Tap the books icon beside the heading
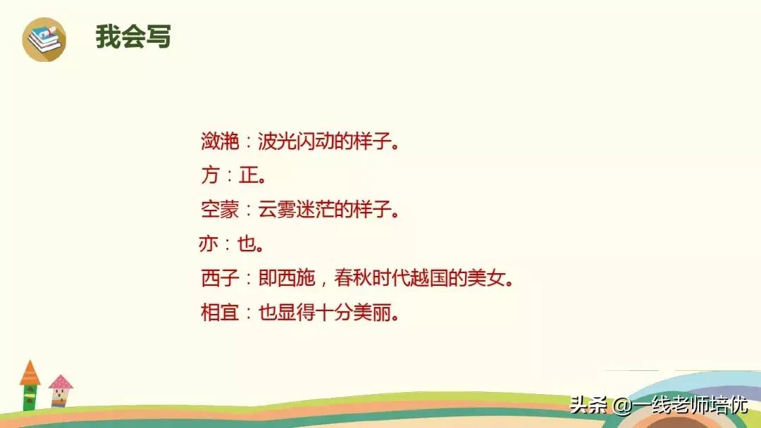coord(44,39)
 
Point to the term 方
coord(210,175)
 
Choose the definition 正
coord(249,175)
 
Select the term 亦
coord(210,244)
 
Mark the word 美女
coord(488,279)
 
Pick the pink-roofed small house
coord(61,391)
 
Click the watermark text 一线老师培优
coord(691,406)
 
